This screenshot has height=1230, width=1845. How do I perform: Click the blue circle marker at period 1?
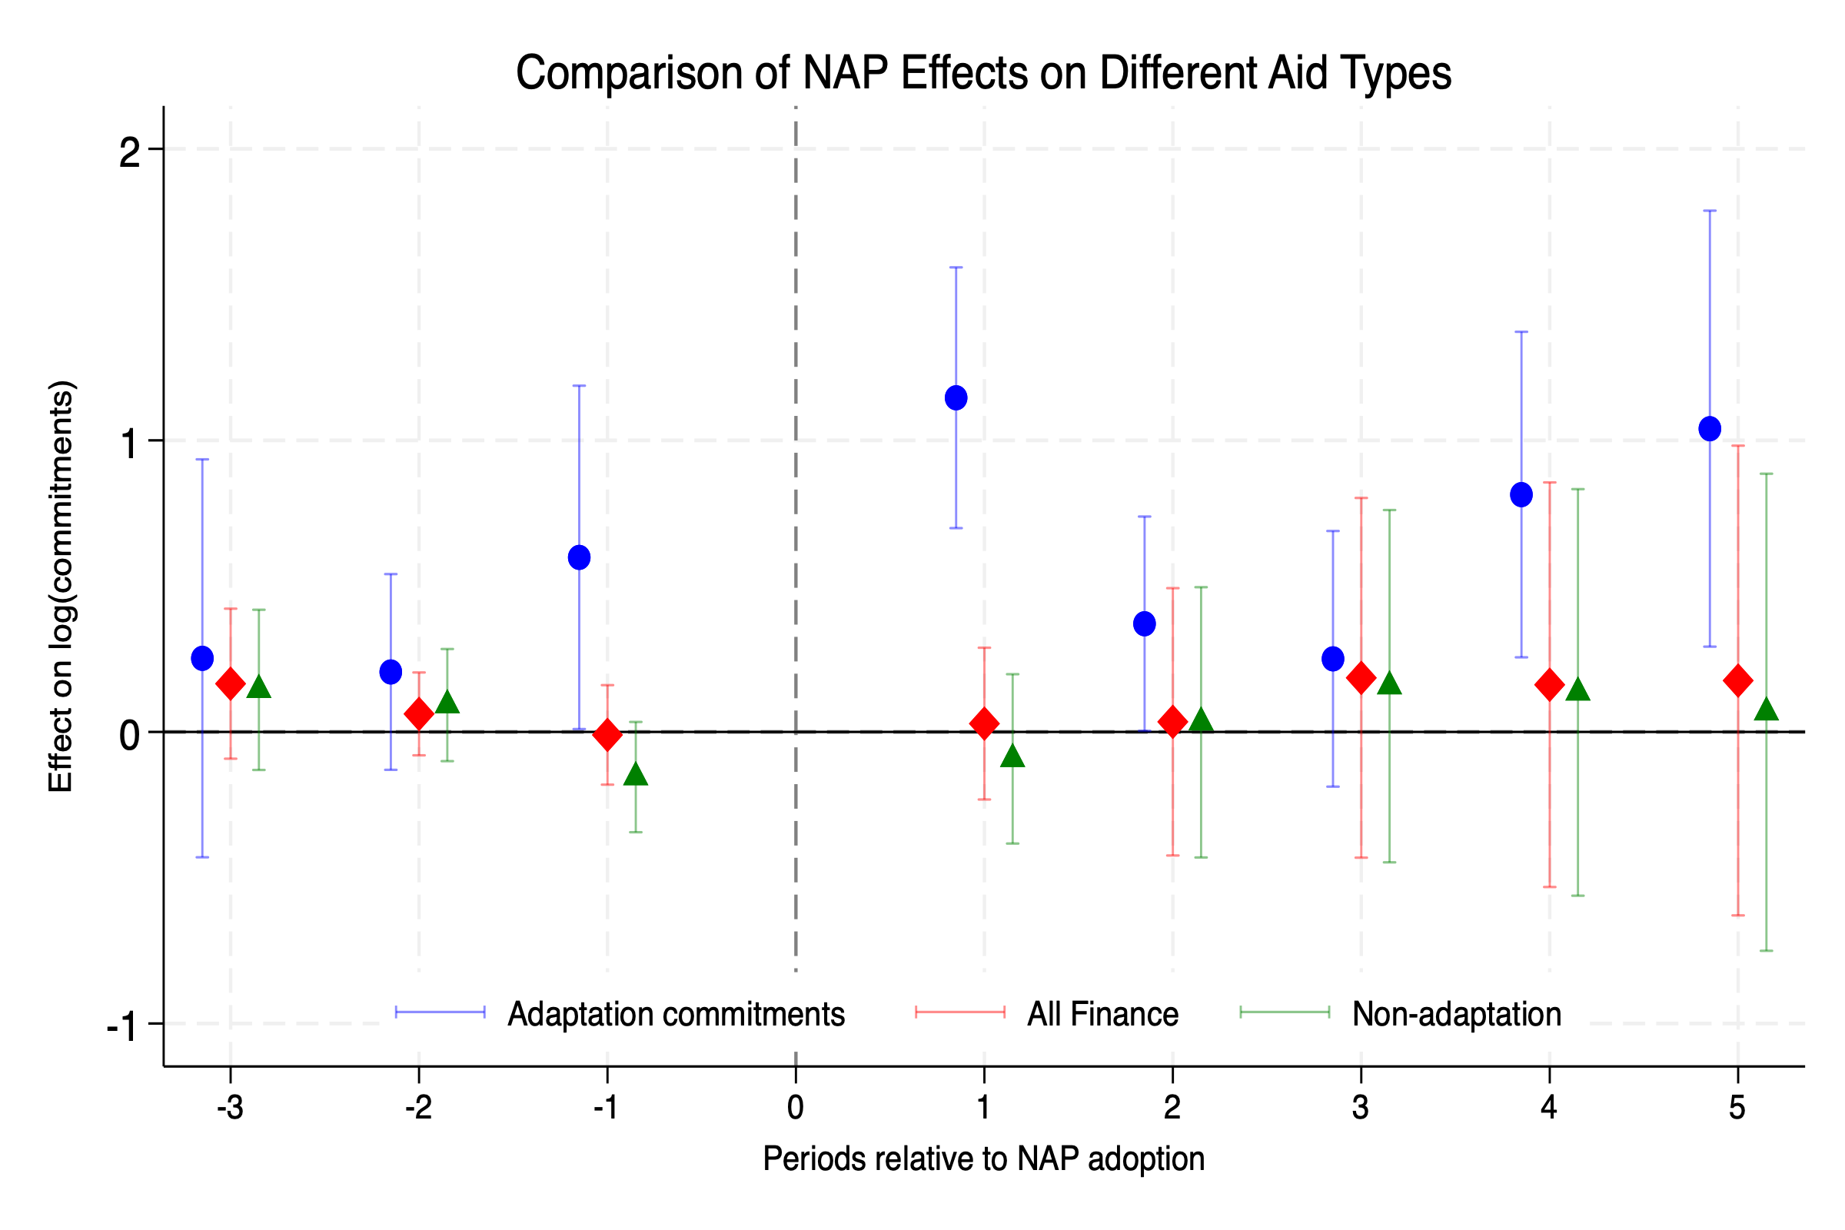point(956,397)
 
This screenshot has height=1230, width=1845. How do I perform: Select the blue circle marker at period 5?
point(1709,428)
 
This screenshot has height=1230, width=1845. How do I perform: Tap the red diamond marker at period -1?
point(607,735)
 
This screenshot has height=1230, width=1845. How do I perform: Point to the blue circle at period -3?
point(202,658)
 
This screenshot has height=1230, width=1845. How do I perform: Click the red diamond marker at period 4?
point(1549,685)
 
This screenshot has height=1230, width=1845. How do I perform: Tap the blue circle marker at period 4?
point(1521,494)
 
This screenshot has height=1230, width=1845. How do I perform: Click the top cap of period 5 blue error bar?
point(1709,211)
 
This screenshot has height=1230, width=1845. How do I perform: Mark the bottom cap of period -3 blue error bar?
point(202,857)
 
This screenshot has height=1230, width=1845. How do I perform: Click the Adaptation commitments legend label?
point(676,1014)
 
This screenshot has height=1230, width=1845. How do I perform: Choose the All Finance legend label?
point(1102,1014)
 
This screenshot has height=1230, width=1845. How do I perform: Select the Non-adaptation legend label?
point(1456,1014)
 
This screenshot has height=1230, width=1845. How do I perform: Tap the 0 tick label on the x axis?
point(796,1108)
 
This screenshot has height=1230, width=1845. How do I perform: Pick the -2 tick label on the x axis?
point(418,1108)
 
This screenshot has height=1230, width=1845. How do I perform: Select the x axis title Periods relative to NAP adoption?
point(983,1159)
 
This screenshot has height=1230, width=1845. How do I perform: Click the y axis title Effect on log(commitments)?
point(61,586)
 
